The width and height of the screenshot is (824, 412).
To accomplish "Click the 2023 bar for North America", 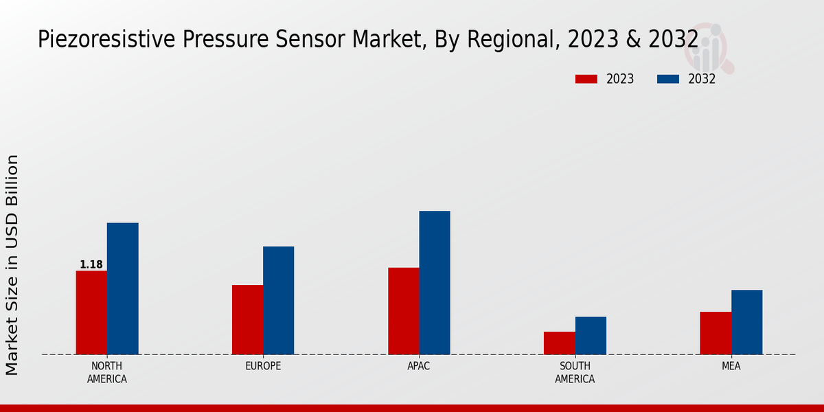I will point(91,312).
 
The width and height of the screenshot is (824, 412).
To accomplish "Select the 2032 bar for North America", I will point(122,288).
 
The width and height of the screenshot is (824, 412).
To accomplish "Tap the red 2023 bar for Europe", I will point(247,319).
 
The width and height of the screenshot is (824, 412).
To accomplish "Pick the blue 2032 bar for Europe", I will point(278,300).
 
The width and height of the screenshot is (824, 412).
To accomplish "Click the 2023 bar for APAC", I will point(403,310).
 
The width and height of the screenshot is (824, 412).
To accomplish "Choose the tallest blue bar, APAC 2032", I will point(435,282).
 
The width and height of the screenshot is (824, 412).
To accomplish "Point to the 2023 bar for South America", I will point(559,343).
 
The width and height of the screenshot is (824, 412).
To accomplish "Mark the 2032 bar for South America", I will point(591,335).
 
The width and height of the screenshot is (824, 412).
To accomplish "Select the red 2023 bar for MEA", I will point(716,333).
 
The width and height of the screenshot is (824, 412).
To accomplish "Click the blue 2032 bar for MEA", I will point(746,322).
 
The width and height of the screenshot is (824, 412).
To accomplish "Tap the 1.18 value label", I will point(91,265).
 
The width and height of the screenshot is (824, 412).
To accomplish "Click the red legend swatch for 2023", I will point(586,79).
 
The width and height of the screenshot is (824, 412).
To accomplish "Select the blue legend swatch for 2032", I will point(668,79).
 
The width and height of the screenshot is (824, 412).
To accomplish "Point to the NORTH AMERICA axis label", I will point(107,372).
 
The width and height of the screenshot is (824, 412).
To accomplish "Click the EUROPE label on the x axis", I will point(263,366).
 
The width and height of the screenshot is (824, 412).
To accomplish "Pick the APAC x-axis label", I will point(419,366).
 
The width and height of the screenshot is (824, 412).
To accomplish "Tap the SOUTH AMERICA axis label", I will point(575,372).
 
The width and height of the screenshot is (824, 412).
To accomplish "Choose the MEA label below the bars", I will point(731,366).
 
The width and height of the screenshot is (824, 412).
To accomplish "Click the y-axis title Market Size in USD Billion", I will point(12,264).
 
